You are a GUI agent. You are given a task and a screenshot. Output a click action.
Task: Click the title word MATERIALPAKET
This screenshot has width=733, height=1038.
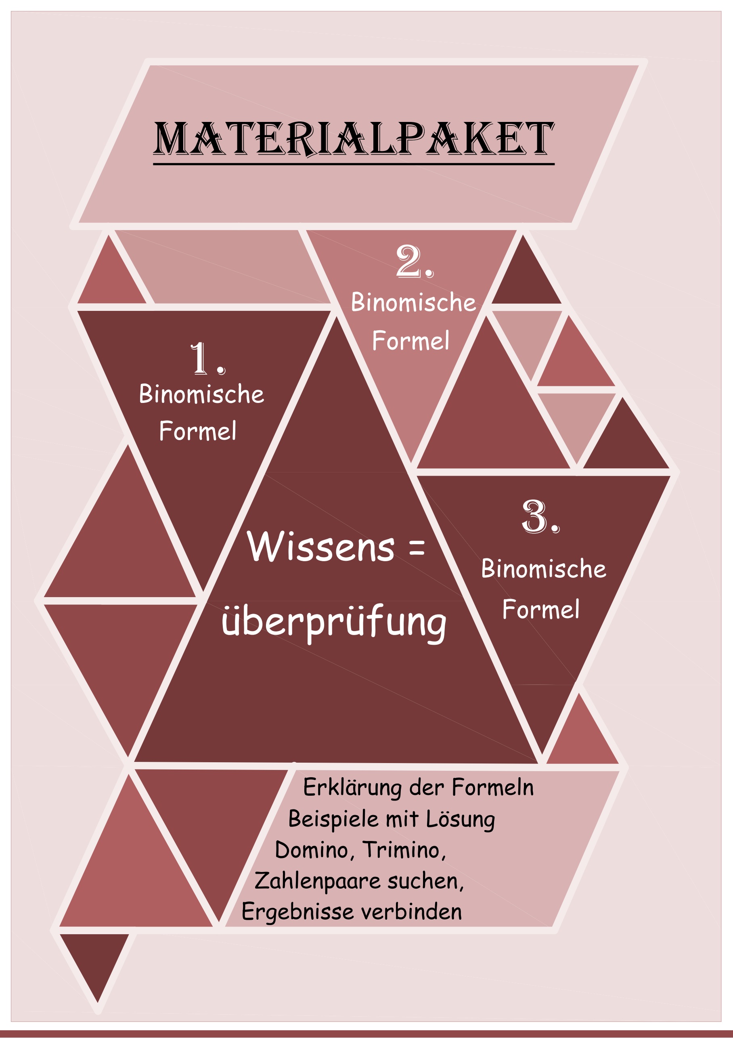(354, 138)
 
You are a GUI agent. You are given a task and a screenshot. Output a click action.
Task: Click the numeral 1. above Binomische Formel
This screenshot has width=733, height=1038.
(207, 359)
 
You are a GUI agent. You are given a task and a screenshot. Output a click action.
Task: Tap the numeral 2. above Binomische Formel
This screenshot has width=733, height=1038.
(415, 261)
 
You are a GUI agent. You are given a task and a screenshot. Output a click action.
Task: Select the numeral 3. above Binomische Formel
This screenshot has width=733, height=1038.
(540, 517)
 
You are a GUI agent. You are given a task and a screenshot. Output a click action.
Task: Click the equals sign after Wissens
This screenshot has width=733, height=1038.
(416, 548)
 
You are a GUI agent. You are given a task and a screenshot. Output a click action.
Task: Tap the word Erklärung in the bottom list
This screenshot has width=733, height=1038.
(352, 788)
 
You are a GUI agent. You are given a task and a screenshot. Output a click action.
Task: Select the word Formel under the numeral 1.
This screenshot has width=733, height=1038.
(197, 431)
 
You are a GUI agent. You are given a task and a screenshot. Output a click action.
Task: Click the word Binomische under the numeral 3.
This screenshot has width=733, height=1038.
(544, 569)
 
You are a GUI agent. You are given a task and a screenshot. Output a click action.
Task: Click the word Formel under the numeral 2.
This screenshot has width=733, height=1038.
(411, 340)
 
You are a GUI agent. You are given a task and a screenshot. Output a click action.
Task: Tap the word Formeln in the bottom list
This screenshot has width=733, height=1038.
(493, 787)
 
